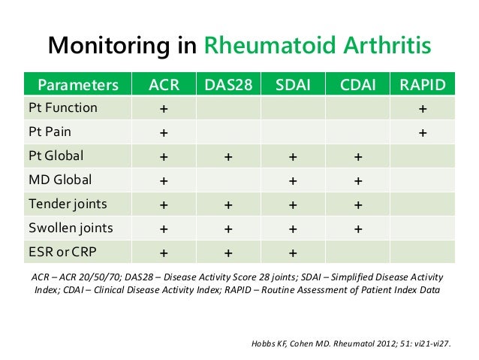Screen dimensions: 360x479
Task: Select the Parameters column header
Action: pyautogui.click(x=78, y=83)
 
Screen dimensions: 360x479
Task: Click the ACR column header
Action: pyautogui.click(x=163, y=83)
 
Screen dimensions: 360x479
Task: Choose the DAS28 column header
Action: pyautogui.click(x=227, y=83)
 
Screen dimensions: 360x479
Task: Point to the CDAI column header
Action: pyautogui.click(x=358, y=83)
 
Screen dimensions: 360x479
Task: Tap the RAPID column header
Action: pyautogui.click(x=423, y=83)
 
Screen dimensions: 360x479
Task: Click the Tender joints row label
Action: pyautogui.click(x=68, y=204)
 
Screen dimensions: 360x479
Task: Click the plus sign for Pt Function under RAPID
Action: pyautogui.click(x=423, y=109)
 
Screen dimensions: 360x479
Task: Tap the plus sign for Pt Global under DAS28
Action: pyautogui.click(x=227, y=158)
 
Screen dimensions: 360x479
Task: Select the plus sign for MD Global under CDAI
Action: pyautogui.click(x=358, y=182)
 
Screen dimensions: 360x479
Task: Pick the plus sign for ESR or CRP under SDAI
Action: pyautogui.click(x=293, y=254)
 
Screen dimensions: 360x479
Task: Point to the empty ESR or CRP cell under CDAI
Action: pyautogui.click(x=358, y=253)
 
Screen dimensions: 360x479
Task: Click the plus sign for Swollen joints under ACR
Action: pyautogui.click(x=163, y=230)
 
